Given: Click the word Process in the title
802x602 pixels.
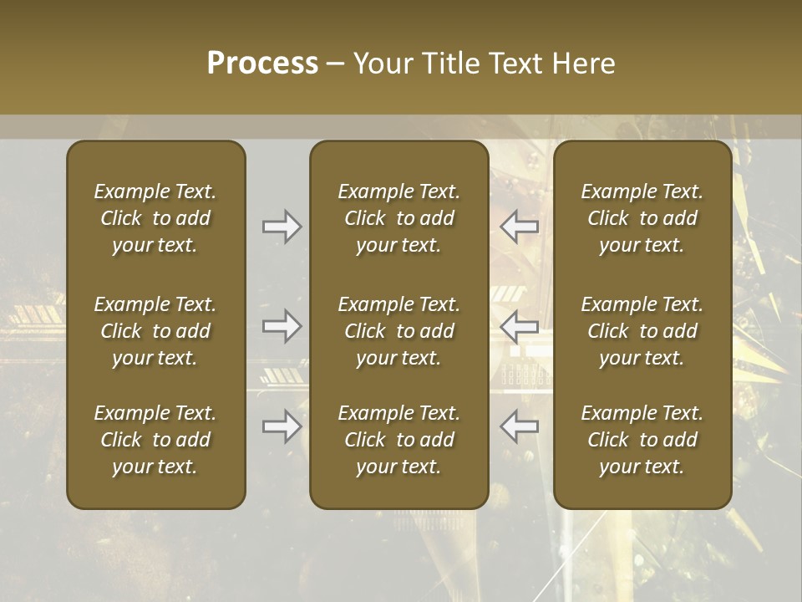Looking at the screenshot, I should (x=262, y=64).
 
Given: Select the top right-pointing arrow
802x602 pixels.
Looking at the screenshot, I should (x=282, y=227).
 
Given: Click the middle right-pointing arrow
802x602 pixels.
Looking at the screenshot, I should (x=282, y=326).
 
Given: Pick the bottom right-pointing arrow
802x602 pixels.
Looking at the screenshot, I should (x=282, y=426).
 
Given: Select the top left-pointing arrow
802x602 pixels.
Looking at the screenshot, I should (x=519, y=227).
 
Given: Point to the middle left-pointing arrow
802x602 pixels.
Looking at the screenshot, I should (x=519, y=326).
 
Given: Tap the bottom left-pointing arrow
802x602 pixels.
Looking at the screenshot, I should (x=519, y=426).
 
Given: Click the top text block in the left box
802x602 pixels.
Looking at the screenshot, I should (x=155, y=218).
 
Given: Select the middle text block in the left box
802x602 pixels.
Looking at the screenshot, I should (x=155, y=331).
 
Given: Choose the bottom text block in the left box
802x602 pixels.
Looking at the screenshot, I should (x=155, y=440).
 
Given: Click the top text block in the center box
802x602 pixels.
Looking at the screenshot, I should (x=398, y=218).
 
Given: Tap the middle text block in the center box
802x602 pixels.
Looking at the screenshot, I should (x=398, y=331).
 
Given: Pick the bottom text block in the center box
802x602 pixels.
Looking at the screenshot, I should (x=398, y=440).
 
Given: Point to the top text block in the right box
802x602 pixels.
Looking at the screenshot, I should (x=642, y=218).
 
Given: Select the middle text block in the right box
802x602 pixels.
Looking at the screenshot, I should (x=642, y=331).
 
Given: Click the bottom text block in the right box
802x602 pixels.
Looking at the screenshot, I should (x=642, y=440).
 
